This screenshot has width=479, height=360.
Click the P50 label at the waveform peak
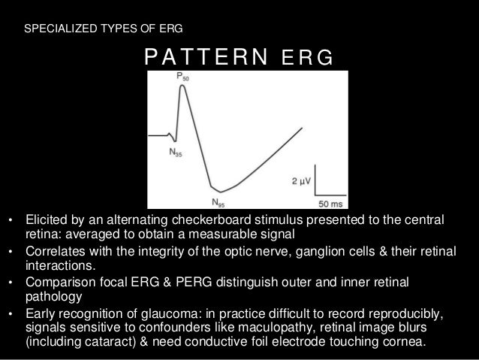(182, 77)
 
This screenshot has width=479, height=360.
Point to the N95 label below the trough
(217, 201)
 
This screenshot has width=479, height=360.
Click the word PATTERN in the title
(197, 56)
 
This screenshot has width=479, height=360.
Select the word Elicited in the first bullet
(46, 222)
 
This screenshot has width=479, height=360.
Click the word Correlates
(54, 252)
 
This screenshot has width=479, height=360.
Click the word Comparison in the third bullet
(59, 282)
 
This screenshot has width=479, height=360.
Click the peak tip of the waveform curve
(181, 86)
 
